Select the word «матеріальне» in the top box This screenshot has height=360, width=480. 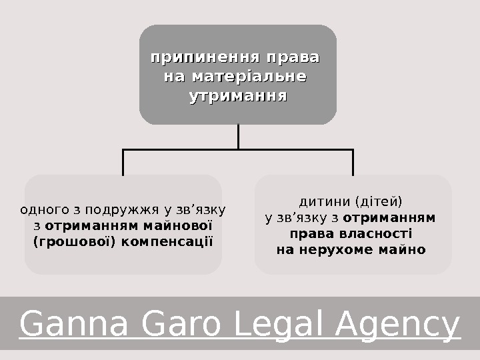pos(249,77)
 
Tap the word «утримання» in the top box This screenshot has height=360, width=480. pos(238,96)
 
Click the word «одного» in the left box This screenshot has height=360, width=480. pos(43,209)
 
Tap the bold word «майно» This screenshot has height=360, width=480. pos(404,250)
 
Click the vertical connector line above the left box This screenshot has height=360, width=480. pos(123,162)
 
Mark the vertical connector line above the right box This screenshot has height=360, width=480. pos(353,162)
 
